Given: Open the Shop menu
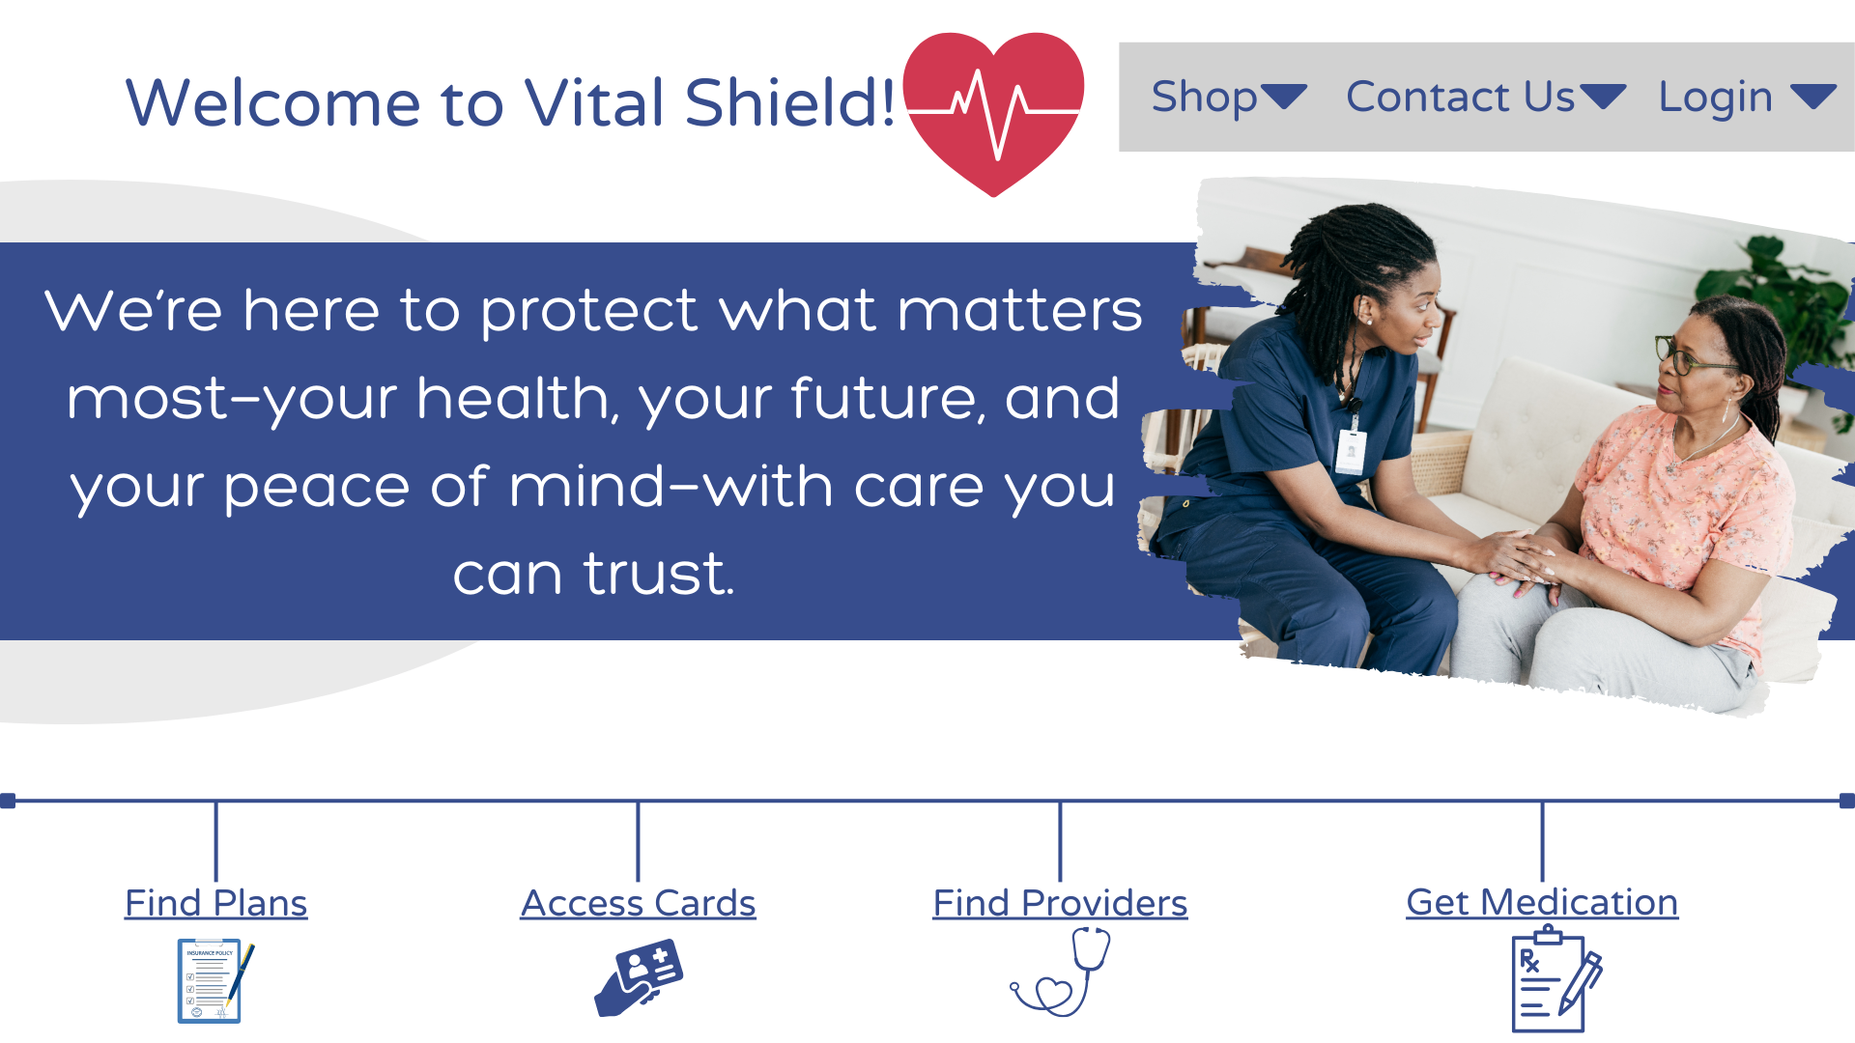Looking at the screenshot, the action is coord(1204,97).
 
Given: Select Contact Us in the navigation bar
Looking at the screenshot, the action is coord(1460,97).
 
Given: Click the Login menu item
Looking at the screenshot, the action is coord(1715,98).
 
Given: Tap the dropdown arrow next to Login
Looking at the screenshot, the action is coord(1812,96).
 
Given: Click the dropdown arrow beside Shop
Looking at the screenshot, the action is coord(1284,96).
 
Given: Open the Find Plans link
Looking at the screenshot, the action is coord(216,903).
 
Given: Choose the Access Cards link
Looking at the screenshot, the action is coord(639,903).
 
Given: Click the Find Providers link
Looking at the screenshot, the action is coord(1060,903).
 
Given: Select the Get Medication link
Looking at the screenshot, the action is coord(1542,902).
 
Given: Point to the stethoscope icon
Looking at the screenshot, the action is coord(1060,972).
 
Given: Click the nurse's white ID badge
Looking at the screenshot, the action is coord(1351,452).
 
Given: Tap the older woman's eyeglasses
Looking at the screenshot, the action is coord(1689,355).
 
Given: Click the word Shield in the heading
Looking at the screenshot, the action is coord(790,102).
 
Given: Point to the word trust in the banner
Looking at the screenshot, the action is coord(659,574).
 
